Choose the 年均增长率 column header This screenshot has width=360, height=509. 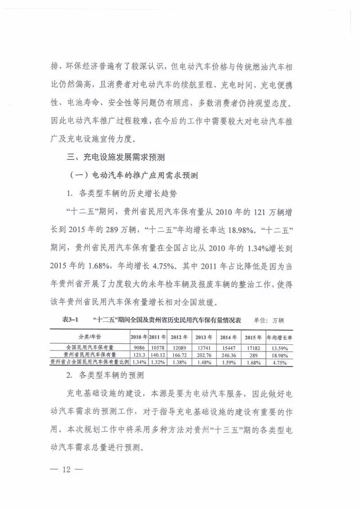pyautogui.click(x=279, y=337)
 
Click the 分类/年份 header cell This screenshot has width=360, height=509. pyautogui.click(x=89, y=337)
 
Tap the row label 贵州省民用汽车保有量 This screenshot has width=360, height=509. pyautogui.click(x=89, y=355)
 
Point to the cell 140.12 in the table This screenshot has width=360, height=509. pyautogui.click(x=157, y=355)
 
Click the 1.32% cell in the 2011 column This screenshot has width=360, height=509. pyautogui.click(x=157, y=362)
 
